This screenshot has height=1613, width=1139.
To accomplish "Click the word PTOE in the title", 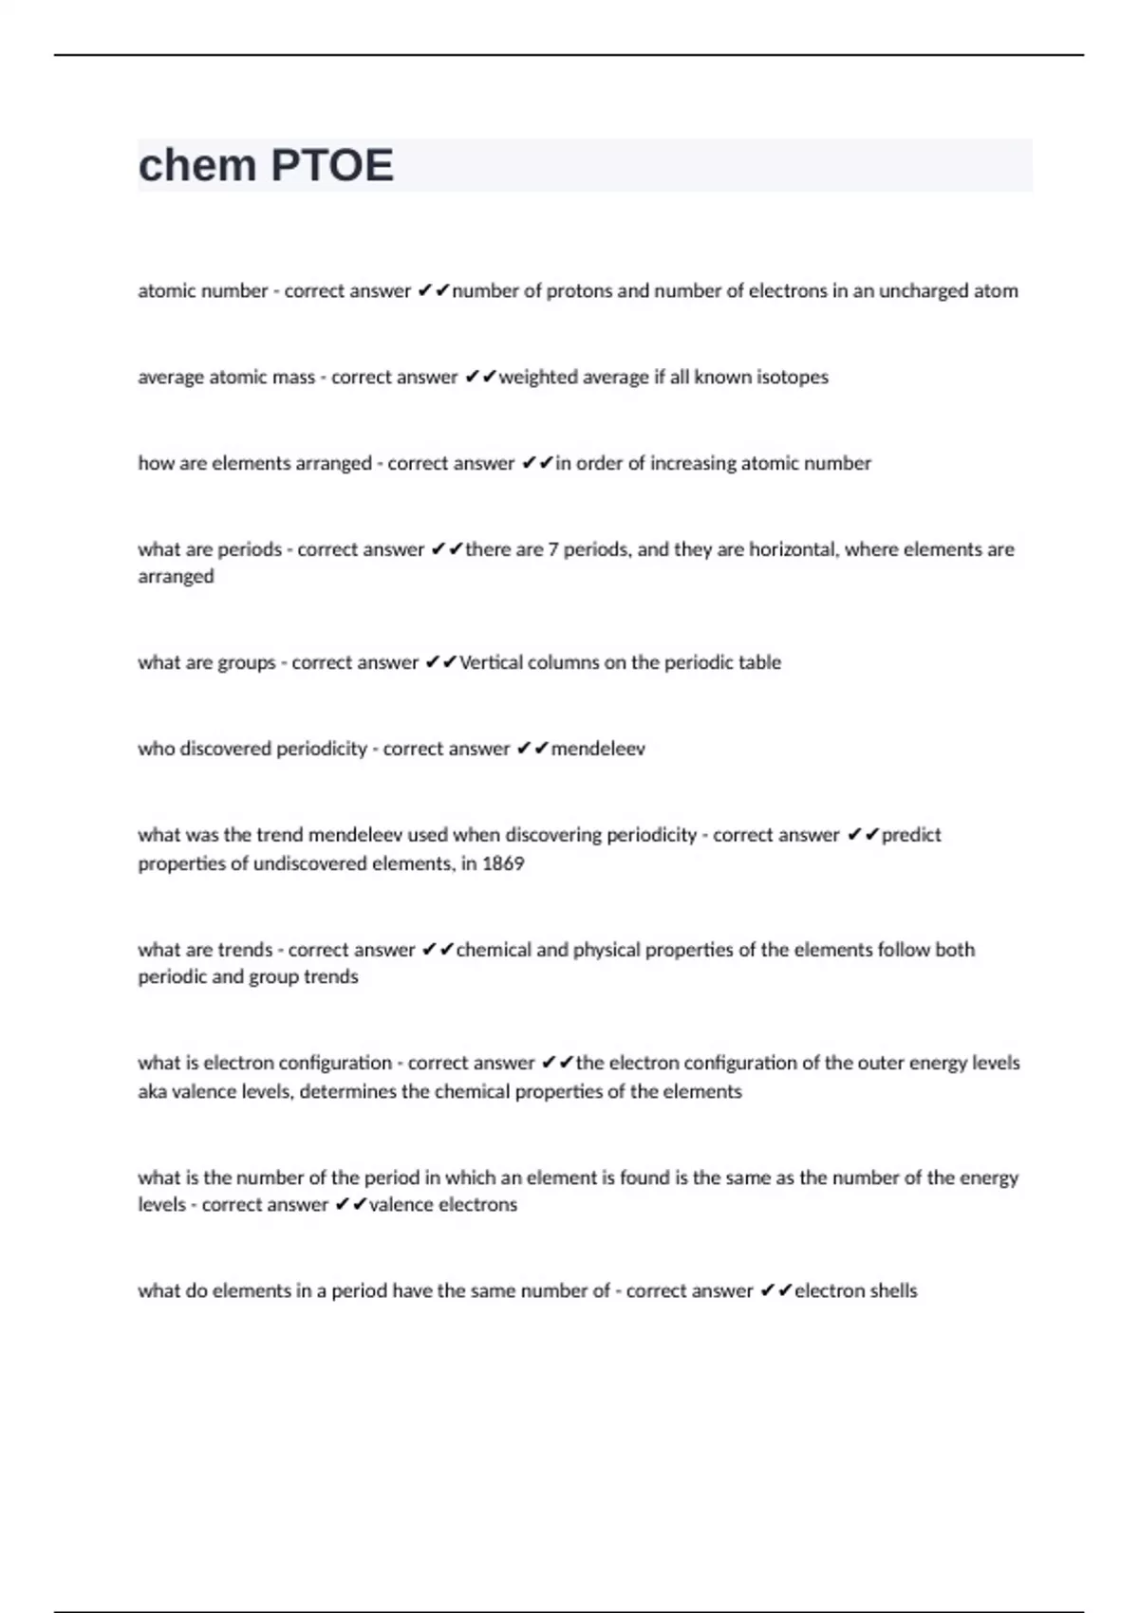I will [331, 166].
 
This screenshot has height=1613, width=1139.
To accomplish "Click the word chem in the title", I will [197, 166].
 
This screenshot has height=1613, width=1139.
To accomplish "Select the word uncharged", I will [920, 291].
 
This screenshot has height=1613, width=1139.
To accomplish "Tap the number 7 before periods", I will [552, 550].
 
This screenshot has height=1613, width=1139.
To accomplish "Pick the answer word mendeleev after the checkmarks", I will [598, 750].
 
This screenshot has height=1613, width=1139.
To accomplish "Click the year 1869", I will [503, 864].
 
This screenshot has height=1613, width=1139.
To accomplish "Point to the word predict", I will [911, 836].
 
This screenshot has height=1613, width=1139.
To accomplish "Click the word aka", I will [152, 1092].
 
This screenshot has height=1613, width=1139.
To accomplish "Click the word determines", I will [348, 1092].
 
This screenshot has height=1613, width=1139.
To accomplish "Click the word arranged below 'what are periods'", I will [176, 578].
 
